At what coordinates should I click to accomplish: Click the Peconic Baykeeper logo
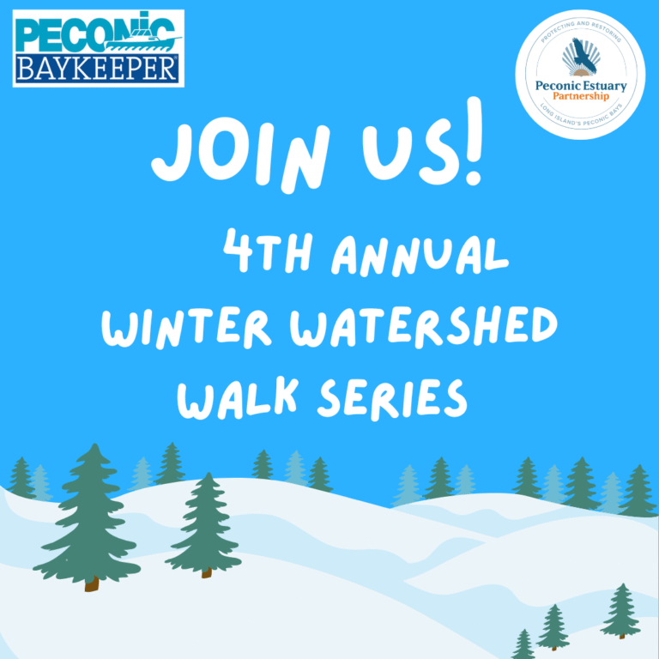pos(98,48)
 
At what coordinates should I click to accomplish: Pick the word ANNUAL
pos(419,255)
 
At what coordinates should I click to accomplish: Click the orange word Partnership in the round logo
pos(581,96)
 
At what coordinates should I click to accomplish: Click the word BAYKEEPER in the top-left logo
pos(97,69)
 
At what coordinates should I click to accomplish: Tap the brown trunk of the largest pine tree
pos(92,583)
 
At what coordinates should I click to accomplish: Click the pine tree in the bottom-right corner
pos(620,611)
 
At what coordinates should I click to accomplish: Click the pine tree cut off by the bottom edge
pos(523,645)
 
